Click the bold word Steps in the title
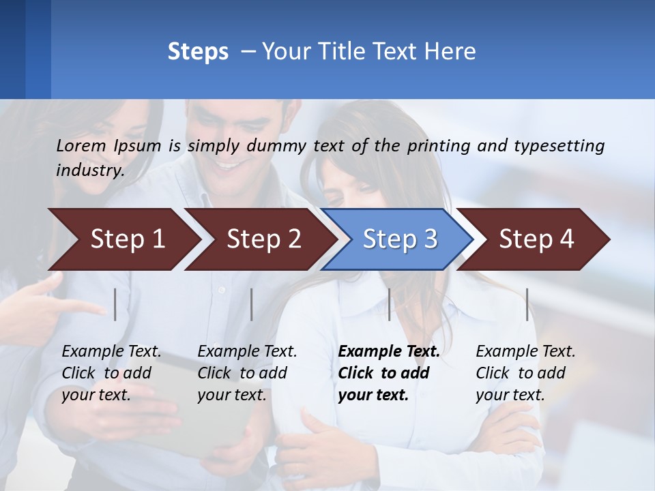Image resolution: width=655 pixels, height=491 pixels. [x=198, y=52]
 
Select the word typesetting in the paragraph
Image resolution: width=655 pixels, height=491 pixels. [x=559, y=146]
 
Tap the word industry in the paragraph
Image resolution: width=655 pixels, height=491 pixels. [x=89, y=170]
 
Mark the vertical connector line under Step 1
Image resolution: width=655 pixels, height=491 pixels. [x=115, y=304]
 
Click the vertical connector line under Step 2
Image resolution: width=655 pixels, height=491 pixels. [x=252, y=304]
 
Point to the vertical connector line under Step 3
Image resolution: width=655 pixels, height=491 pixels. [x=390, y=304]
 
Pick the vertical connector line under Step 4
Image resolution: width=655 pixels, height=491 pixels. [x=527, y=304]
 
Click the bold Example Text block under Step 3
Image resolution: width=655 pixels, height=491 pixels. [x=389, y=373]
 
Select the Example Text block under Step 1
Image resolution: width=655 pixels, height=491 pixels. [x=111, y=373]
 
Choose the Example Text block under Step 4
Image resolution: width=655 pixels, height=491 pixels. [x=525, y=373]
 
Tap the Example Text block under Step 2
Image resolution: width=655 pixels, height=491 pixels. [x=247, y=373]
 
